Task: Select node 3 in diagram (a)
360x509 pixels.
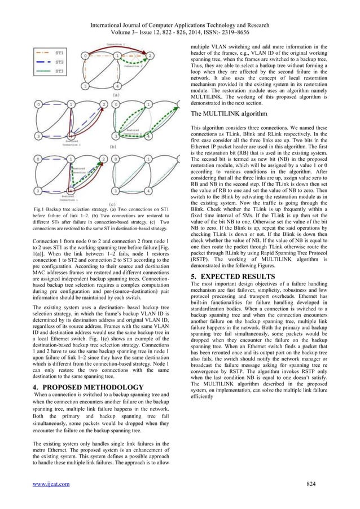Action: click(x=85, y=86)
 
